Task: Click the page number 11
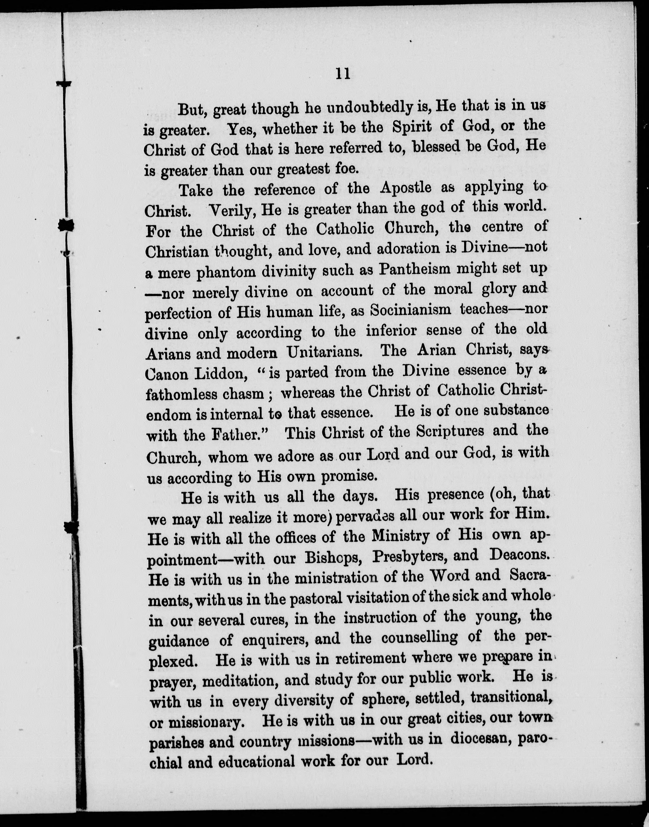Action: click(343, 74)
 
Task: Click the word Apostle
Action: click(406, 188)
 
